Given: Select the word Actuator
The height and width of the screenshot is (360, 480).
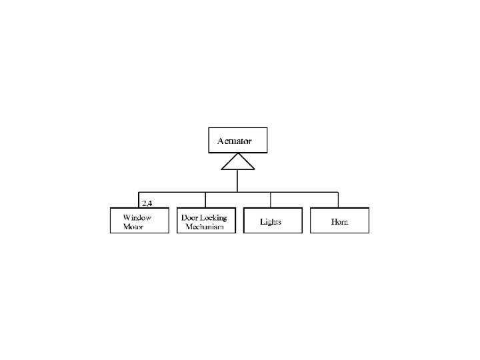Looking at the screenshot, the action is click(235, 141).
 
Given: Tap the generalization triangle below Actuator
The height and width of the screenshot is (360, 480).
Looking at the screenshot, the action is click(238, 161).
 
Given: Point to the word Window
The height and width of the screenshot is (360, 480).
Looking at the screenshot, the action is click(137, 217).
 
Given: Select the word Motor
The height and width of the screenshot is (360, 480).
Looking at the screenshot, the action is click(133, 227).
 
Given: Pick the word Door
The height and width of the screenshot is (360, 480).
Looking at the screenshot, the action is click(189, 217).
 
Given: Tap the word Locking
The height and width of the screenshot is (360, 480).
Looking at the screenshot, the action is click(213, 217).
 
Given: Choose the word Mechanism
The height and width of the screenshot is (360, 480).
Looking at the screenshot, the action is click(205, 227).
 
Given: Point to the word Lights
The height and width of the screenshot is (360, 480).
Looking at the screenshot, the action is click(271, 221).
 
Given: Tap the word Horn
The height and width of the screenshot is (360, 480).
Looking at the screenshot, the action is click(339, 221).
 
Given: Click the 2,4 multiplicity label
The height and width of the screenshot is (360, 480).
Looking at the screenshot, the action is click(147, 203).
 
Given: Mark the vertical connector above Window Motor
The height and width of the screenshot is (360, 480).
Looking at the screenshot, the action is click(139, 200).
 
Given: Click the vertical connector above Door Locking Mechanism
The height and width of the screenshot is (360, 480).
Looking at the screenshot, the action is click(205, 200).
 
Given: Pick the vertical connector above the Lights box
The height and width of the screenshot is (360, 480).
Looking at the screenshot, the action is click(271, 200).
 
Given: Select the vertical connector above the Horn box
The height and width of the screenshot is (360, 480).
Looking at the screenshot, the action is click(338, 200).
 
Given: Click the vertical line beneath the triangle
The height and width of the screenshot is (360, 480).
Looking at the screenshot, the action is click(237, 181).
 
